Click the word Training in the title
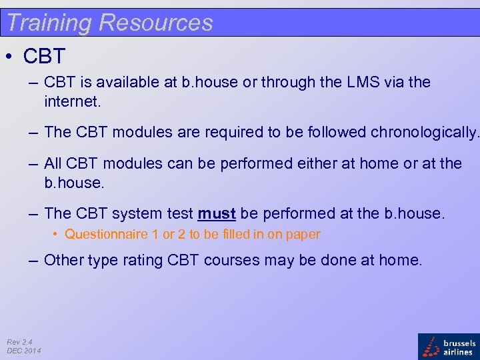coord(49,23)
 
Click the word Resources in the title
coord(155,23)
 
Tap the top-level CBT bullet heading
coord(44,57)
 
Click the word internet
coord(71,102)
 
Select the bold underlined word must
coord(217,214)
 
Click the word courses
coord(231,260)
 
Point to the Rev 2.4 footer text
coord(20,341)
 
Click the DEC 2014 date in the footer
coord(24,351)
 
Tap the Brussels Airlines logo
coord(448,347)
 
